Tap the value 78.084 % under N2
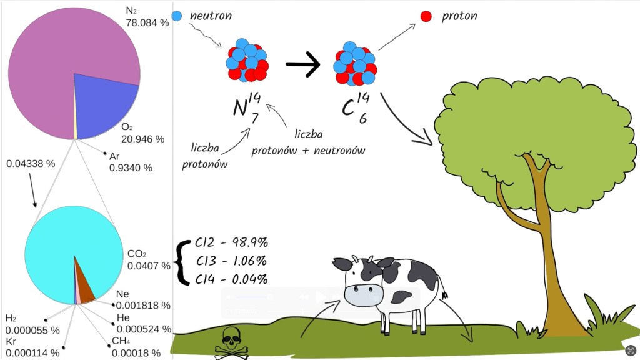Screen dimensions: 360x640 click(147, 22)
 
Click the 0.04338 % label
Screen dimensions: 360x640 click(31, 164)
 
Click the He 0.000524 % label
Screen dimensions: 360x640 click(143, 324)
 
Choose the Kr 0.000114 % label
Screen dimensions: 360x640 click(32, 347)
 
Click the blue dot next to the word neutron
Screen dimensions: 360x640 click(177, 16)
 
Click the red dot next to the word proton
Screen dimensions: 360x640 click(426, 16)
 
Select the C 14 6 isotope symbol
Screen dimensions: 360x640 click(354, 106)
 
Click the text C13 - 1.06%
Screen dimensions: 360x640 click(231, 261)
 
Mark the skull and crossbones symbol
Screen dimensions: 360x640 click(231, 343)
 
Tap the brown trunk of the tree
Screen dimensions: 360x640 click(550, 262)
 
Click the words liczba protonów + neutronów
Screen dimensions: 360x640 click(308, 142)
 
